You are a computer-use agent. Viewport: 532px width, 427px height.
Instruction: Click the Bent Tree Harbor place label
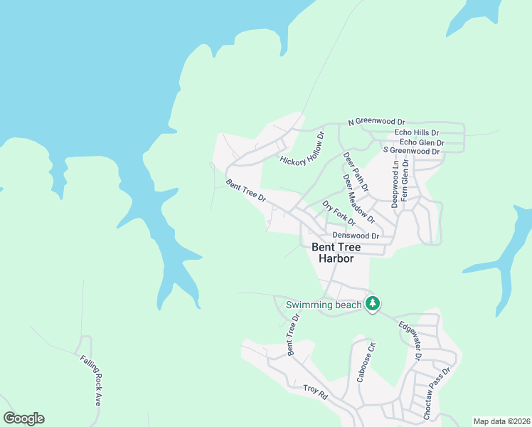tap(336, 253)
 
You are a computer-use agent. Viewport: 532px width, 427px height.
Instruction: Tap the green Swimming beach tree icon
tap(372, 304)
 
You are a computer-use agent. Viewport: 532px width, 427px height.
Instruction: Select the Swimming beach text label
tap(324, 305)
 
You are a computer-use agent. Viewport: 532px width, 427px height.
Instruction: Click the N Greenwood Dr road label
tap(376, 122)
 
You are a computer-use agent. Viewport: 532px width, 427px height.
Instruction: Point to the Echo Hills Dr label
tap(416, 133)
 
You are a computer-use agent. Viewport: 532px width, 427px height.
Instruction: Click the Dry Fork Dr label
tap(339, 213)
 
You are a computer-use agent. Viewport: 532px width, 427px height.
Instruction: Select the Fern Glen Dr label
tap(405, 181)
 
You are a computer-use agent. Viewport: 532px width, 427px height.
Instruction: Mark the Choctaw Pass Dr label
tap(437, 392)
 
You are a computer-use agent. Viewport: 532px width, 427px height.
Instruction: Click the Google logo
tap(24, 418)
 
